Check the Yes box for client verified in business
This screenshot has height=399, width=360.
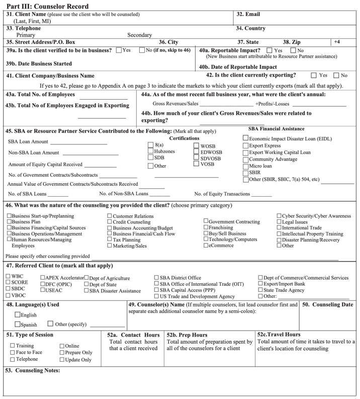tap(119, 50)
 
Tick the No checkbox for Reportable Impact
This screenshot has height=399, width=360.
tap(294, 50)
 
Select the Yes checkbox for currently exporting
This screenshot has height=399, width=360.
tap(314, 75)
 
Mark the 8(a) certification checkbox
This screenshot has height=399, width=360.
tap(151, 145)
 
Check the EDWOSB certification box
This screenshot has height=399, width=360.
tap(197, 152)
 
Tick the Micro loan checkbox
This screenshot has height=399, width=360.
tap(245, 166)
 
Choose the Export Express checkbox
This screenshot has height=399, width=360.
tap(245, 145)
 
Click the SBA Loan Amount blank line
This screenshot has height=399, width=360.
tap(78, 142)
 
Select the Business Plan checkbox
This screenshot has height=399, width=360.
tap(9, 222)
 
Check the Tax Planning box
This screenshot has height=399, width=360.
tap(109, 240)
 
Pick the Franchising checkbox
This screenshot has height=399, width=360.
tap(206, 228)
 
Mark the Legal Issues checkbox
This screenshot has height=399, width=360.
tap(279, 222)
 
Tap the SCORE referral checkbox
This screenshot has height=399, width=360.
tap(8, 283)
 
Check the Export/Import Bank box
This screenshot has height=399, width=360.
tap(260, 284)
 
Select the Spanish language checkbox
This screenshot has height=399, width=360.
tap(18, 324)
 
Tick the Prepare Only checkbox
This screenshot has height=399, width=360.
tap(62, 353)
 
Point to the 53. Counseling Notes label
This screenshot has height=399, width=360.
tap(33, 371)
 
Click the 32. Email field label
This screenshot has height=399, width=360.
tap(248, 15)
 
